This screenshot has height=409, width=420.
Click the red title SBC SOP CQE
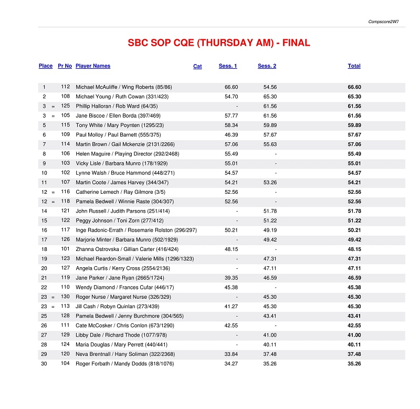pyautogui.click(x=219, y=43)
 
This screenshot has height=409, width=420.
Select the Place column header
pyautogui.click(x=46, y=66)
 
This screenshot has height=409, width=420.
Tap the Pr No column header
pyautogui.click(x=65, y=66)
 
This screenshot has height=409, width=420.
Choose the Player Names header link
pyautogui.click(x=93, y=66)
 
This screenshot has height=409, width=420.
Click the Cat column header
pyautogui.click(x=197, y=67)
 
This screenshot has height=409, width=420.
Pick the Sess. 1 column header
pyautogui.click(x=228, y=66)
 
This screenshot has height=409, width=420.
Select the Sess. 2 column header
pyautogui.click(x=267, y=66)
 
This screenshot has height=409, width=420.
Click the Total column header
pyautogui.click(x=354, y=66)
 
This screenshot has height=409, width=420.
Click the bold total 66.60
pyautogui.click(x=354, y=87)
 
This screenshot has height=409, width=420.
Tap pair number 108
pyautogui.click(x=65, y=97)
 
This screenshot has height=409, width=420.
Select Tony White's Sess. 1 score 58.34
pyautogui.click(x=231, y=125)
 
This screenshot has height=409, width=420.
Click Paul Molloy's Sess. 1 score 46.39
pyautogui.click(x=231, y=135)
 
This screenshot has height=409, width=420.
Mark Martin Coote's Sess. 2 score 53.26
pyautogui.click(x=270, y=183)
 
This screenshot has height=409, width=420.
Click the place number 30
pyautogui.click(x=45, y=364)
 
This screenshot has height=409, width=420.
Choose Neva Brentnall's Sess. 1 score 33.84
pyautogui.click(x=231, y=354)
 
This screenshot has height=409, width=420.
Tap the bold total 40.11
pyautogui.click(x=354, y=345)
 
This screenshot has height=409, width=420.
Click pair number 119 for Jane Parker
pyautogui.click(x=65, y=278)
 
